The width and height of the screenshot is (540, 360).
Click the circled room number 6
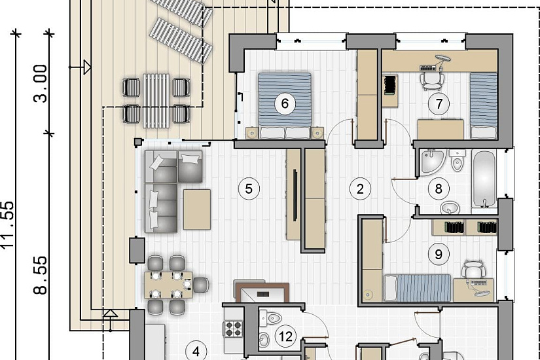[x=285, y=103]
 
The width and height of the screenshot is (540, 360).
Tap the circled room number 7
[x=439, y=103]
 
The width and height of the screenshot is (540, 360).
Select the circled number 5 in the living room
[x=249, y=189]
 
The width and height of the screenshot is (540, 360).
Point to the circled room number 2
[x=360, y=189]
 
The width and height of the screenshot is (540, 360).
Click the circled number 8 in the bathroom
[x=439, y=189]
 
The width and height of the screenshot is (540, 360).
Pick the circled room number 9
[x=439, y=254]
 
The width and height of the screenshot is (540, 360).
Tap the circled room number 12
[x=286, y=336]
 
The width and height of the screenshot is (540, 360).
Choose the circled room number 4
[x=196, y=351]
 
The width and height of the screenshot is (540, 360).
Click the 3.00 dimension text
[x=41, y=84]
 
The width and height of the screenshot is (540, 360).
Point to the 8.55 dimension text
[x=41, y=275]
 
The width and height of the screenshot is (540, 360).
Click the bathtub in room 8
[x=484, y=179]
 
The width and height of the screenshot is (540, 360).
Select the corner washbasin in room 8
[x=431, y=161]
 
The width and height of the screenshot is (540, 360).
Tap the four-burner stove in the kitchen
[x=233, y=329]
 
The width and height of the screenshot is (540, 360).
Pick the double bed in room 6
[x=285, y=105]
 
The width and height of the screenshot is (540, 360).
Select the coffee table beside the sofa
[x=197, y=209]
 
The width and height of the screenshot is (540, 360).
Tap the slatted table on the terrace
[x=156, y=101]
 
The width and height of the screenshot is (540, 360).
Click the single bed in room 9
[x=418, y=288]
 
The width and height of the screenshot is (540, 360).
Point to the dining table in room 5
[x=168, y=285]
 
